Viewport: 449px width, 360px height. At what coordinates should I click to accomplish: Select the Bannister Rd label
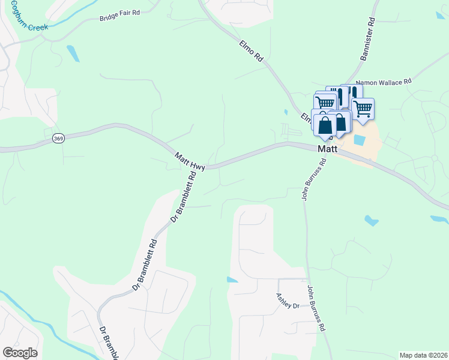click(367, 39)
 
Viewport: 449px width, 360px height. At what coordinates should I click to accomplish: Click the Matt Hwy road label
click(190, 161)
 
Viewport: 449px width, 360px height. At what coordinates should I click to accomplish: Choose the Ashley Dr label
click(288, 301)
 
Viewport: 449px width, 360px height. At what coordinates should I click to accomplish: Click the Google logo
click(20, 353)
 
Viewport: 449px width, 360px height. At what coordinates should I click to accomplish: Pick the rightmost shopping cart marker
click(363, 109)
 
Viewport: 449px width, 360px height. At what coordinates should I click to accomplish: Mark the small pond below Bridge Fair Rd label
click(73, 53)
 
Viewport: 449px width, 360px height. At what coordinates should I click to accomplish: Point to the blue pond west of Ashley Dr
click(232, 280)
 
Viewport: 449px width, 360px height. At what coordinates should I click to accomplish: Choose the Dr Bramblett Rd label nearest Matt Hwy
click(184, 198)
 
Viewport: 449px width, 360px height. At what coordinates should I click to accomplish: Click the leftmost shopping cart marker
click(325, 102)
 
